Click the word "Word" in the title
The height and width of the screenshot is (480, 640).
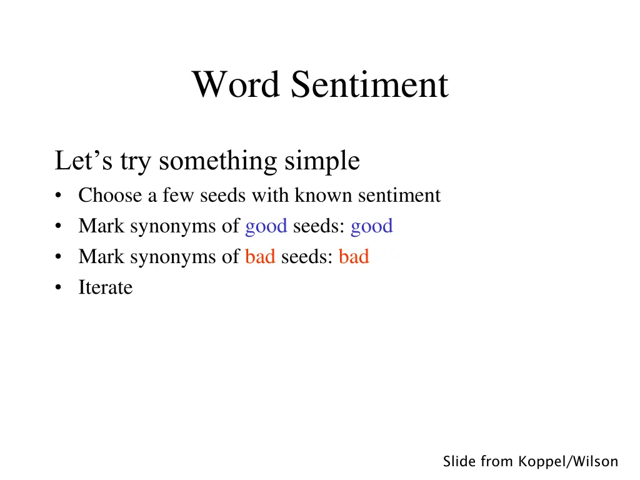click(x=236, y=84)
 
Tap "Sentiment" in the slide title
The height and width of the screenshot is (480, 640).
click(x=369, y=84)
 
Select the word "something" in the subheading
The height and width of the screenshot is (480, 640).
click(x=219, y=161)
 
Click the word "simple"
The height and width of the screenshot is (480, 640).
click(x=322, y=161)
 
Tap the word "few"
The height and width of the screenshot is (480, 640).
click(x=177, y=196)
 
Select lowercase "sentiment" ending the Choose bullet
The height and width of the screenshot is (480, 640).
click(x=399, y=196)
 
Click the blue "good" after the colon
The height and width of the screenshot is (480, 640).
click(x=372, y=226)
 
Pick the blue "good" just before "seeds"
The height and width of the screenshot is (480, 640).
click(x=266, y=226)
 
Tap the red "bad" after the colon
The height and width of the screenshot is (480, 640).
click(x=354, y=257)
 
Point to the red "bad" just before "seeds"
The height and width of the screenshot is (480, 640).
click(x=260, y=257)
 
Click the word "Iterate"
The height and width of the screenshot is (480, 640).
click(x=106, y=287)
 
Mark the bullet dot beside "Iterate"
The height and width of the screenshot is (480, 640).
click(x=58, y=288)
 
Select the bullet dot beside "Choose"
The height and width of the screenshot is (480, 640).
click(x=58, y=196)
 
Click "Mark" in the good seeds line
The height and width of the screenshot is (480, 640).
click(x=101, y=226)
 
